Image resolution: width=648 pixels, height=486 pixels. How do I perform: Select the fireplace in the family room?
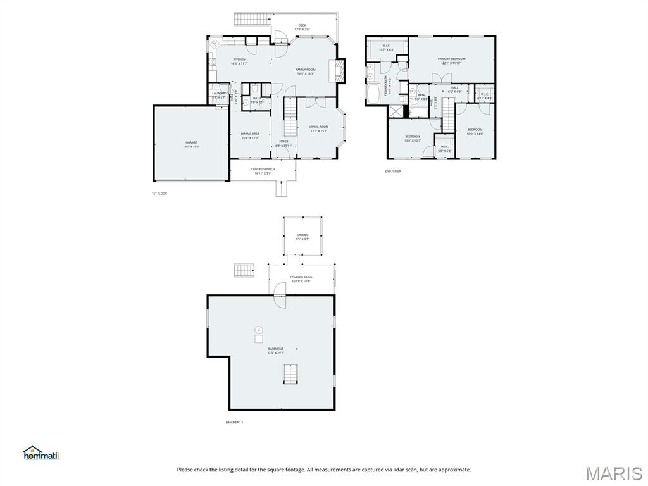pyautogui.click(x=340, y=70)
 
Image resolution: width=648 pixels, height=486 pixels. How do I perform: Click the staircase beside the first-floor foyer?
pyautogui.click(x=289, y=109)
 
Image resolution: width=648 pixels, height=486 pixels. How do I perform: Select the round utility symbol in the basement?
pyautogui.click(x=259, y=329)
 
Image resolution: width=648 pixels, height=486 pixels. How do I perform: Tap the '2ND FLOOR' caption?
pyautogui.click(x=392, y=171)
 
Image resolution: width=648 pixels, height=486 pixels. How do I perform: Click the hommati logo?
pyautogui.click(x=40, y=453)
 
